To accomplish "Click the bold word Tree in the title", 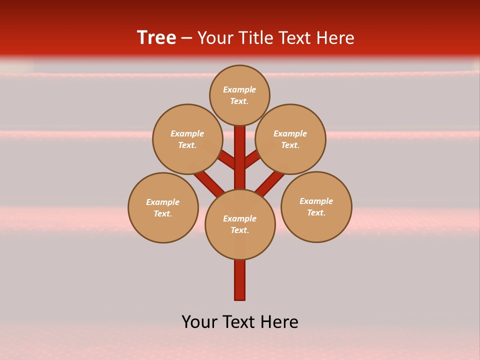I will (156, 37).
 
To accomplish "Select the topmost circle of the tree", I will (239, 95).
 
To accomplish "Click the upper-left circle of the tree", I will (187, 139).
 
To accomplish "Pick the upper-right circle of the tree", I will (290, 139).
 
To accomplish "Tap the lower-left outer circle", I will (163, 207).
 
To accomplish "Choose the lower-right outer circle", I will (316, 206).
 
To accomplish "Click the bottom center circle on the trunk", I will (240, 224).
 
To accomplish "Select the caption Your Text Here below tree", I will (240, 322).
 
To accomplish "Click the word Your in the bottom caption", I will (200, 322).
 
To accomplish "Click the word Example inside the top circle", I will (239, 90).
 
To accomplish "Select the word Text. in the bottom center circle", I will (240, 230).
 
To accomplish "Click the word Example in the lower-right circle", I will (316, 201).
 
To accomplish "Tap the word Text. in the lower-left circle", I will (163, 214).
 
